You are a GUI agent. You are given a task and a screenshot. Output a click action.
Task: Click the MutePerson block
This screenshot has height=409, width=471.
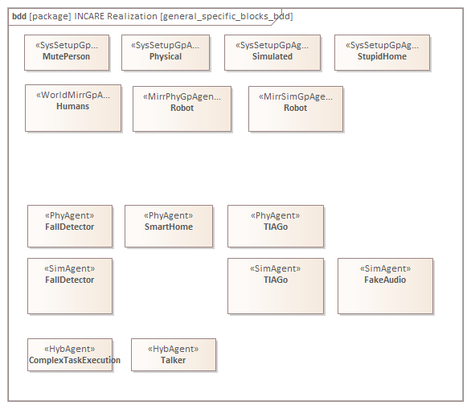[x=67, y=53]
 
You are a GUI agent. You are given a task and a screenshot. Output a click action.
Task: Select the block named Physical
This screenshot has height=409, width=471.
[x=166, y=53]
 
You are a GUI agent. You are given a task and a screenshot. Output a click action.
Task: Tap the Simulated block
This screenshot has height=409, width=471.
[x=272, y=53]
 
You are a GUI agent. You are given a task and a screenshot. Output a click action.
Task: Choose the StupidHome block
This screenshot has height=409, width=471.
[x=382, y=53]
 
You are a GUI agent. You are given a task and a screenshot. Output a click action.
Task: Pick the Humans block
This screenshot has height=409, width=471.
[x=73, y=108]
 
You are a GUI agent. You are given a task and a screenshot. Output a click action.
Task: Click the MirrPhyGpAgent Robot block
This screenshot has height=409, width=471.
[x=182, y=109]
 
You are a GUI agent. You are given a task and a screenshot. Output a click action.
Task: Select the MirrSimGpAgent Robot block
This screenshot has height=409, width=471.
[x=296, y=109]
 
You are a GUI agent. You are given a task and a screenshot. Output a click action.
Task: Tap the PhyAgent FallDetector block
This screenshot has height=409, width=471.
[x=70, y=227]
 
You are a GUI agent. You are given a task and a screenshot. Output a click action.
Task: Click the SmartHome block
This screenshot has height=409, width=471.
[x=169, y=227]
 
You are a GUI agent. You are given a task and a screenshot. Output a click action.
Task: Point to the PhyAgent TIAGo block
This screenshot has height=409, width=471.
[x=276, y=227]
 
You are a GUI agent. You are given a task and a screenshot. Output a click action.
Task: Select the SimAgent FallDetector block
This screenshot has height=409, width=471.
[x=70, y=286]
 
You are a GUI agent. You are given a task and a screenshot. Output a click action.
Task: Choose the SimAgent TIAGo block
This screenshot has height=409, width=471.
[x=276, y=286]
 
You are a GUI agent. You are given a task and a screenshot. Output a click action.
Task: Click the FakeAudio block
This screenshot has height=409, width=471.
[x=385, y=286]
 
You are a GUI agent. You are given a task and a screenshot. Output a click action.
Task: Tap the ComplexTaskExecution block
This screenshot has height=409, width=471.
[x=70, y=355]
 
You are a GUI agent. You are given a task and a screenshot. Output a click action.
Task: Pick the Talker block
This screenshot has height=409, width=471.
[x=174, y=355]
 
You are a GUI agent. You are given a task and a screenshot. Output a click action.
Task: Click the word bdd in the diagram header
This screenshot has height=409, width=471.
[x=19, y=16]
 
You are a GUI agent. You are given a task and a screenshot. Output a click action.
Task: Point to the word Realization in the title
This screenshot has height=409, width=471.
[x=132, y=16]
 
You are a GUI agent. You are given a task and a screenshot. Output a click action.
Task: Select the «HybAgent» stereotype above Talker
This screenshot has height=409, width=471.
[x=174, y=349]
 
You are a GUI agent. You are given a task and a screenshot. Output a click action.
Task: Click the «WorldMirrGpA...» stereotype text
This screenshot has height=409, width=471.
[x=73, y=95]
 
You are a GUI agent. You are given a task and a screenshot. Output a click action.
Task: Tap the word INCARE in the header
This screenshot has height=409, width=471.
[x=89, y=16]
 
